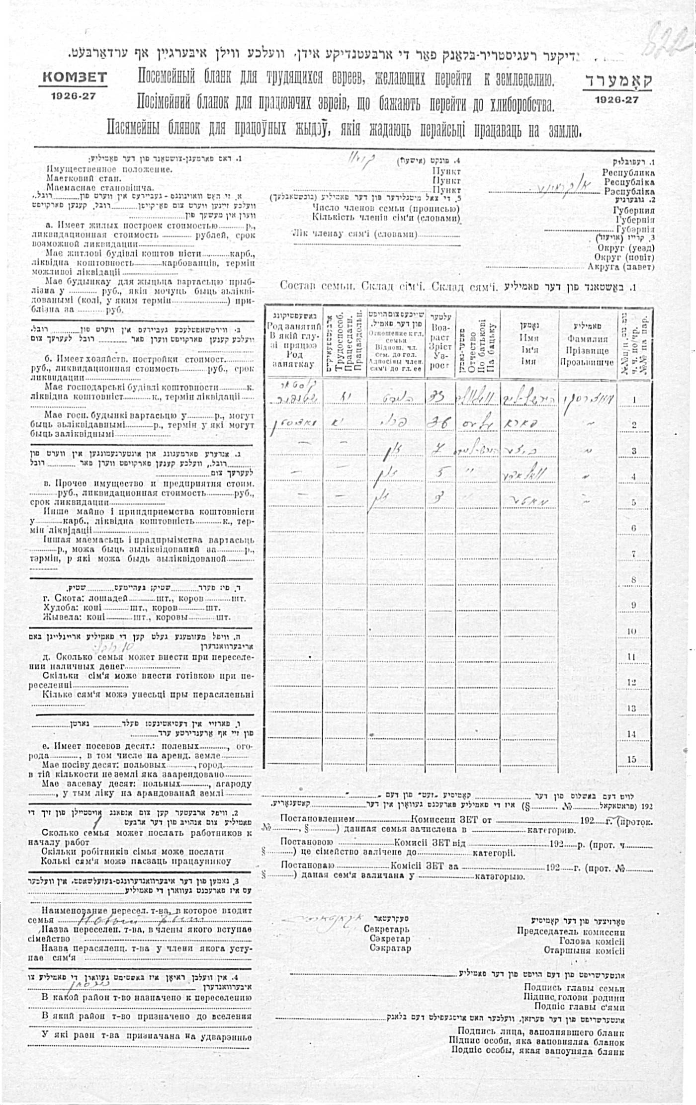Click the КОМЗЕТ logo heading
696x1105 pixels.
[75, 77]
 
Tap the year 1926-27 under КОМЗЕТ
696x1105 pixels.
[73, 96]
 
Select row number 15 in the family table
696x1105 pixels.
[631, 759]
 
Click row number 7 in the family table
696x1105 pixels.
[633, 554]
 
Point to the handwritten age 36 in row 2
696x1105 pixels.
[439, 422]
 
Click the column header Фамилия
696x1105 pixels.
[588, 339]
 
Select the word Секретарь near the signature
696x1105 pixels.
[386, 929]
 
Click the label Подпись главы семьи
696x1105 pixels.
[574, 988]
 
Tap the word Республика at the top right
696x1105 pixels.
[628, 172]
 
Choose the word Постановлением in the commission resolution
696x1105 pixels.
[318, 819]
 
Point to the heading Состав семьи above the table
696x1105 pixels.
[317, 286]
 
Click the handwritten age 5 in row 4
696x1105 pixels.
[439, 473]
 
